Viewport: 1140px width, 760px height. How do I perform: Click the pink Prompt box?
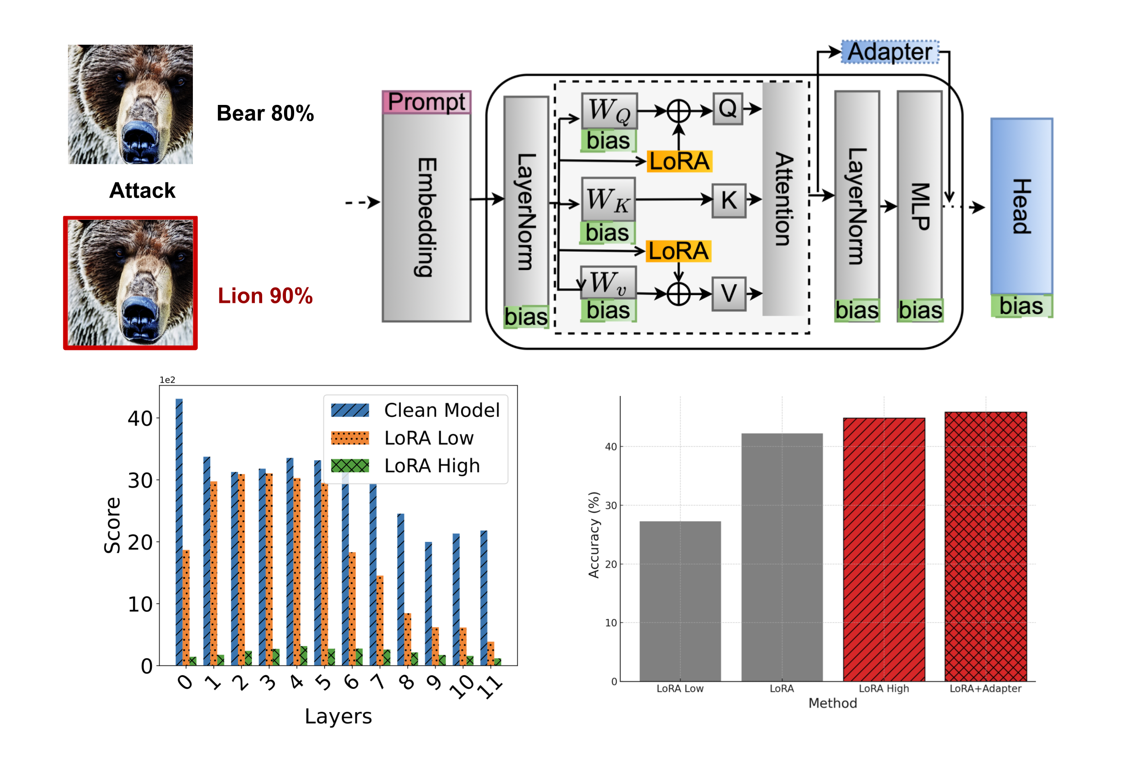[426, 102]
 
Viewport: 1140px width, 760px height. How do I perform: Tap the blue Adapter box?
[890, 52]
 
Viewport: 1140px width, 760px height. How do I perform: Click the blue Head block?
[1021, 206]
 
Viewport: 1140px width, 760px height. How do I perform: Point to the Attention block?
[784, 199]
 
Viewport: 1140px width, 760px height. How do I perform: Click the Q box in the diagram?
[727, 109]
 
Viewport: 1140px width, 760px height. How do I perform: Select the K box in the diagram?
[728, 200]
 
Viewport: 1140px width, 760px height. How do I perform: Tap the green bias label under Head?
[1021, 306]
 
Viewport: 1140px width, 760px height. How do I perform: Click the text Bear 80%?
[265, 114]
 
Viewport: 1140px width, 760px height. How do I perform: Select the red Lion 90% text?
[265, 296]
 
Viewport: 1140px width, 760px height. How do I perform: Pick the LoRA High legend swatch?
[350, 465]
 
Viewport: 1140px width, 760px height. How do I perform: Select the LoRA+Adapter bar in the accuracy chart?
[985, 546]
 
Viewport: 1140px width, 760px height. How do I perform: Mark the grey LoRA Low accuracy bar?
[680, 601]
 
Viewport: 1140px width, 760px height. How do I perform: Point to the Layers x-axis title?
[338, 716]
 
